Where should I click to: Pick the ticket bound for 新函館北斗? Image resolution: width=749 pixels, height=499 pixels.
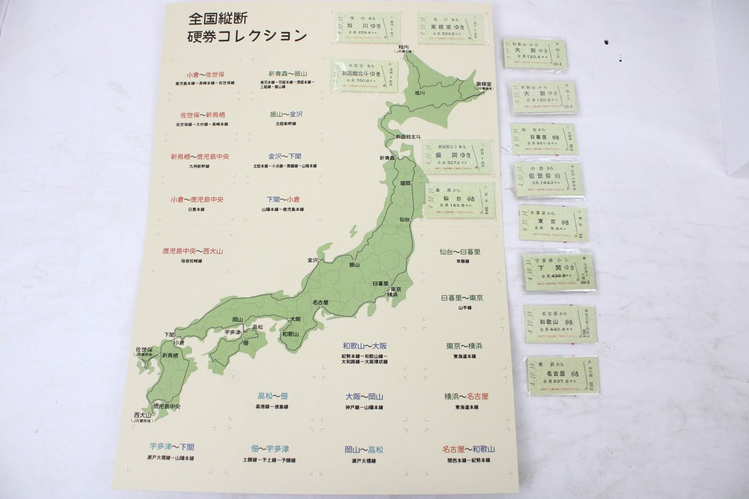[364, 75]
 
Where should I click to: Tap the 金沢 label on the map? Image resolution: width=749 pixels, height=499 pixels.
[313, 260]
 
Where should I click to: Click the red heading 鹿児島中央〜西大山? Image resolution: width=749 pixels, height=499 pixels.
[192, 251]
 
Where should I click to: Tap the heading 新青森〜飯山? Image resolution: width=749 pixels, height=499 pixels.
[287, 74]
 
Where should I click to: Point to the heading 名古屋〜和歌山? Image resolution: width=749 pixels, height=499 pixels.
[468, 449]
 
